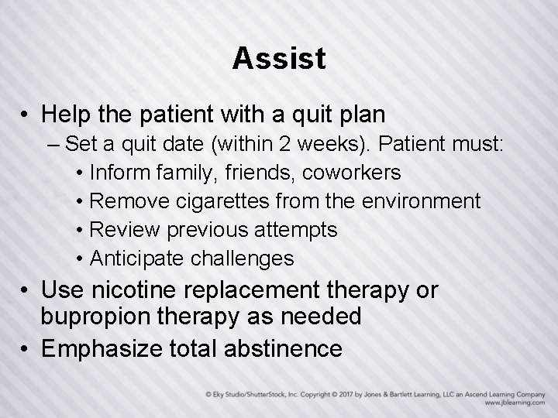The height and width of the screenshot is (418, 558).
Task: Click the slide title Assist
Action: (279, 59)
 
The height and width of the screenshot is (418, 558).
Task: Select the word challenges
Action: (249, 259)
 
